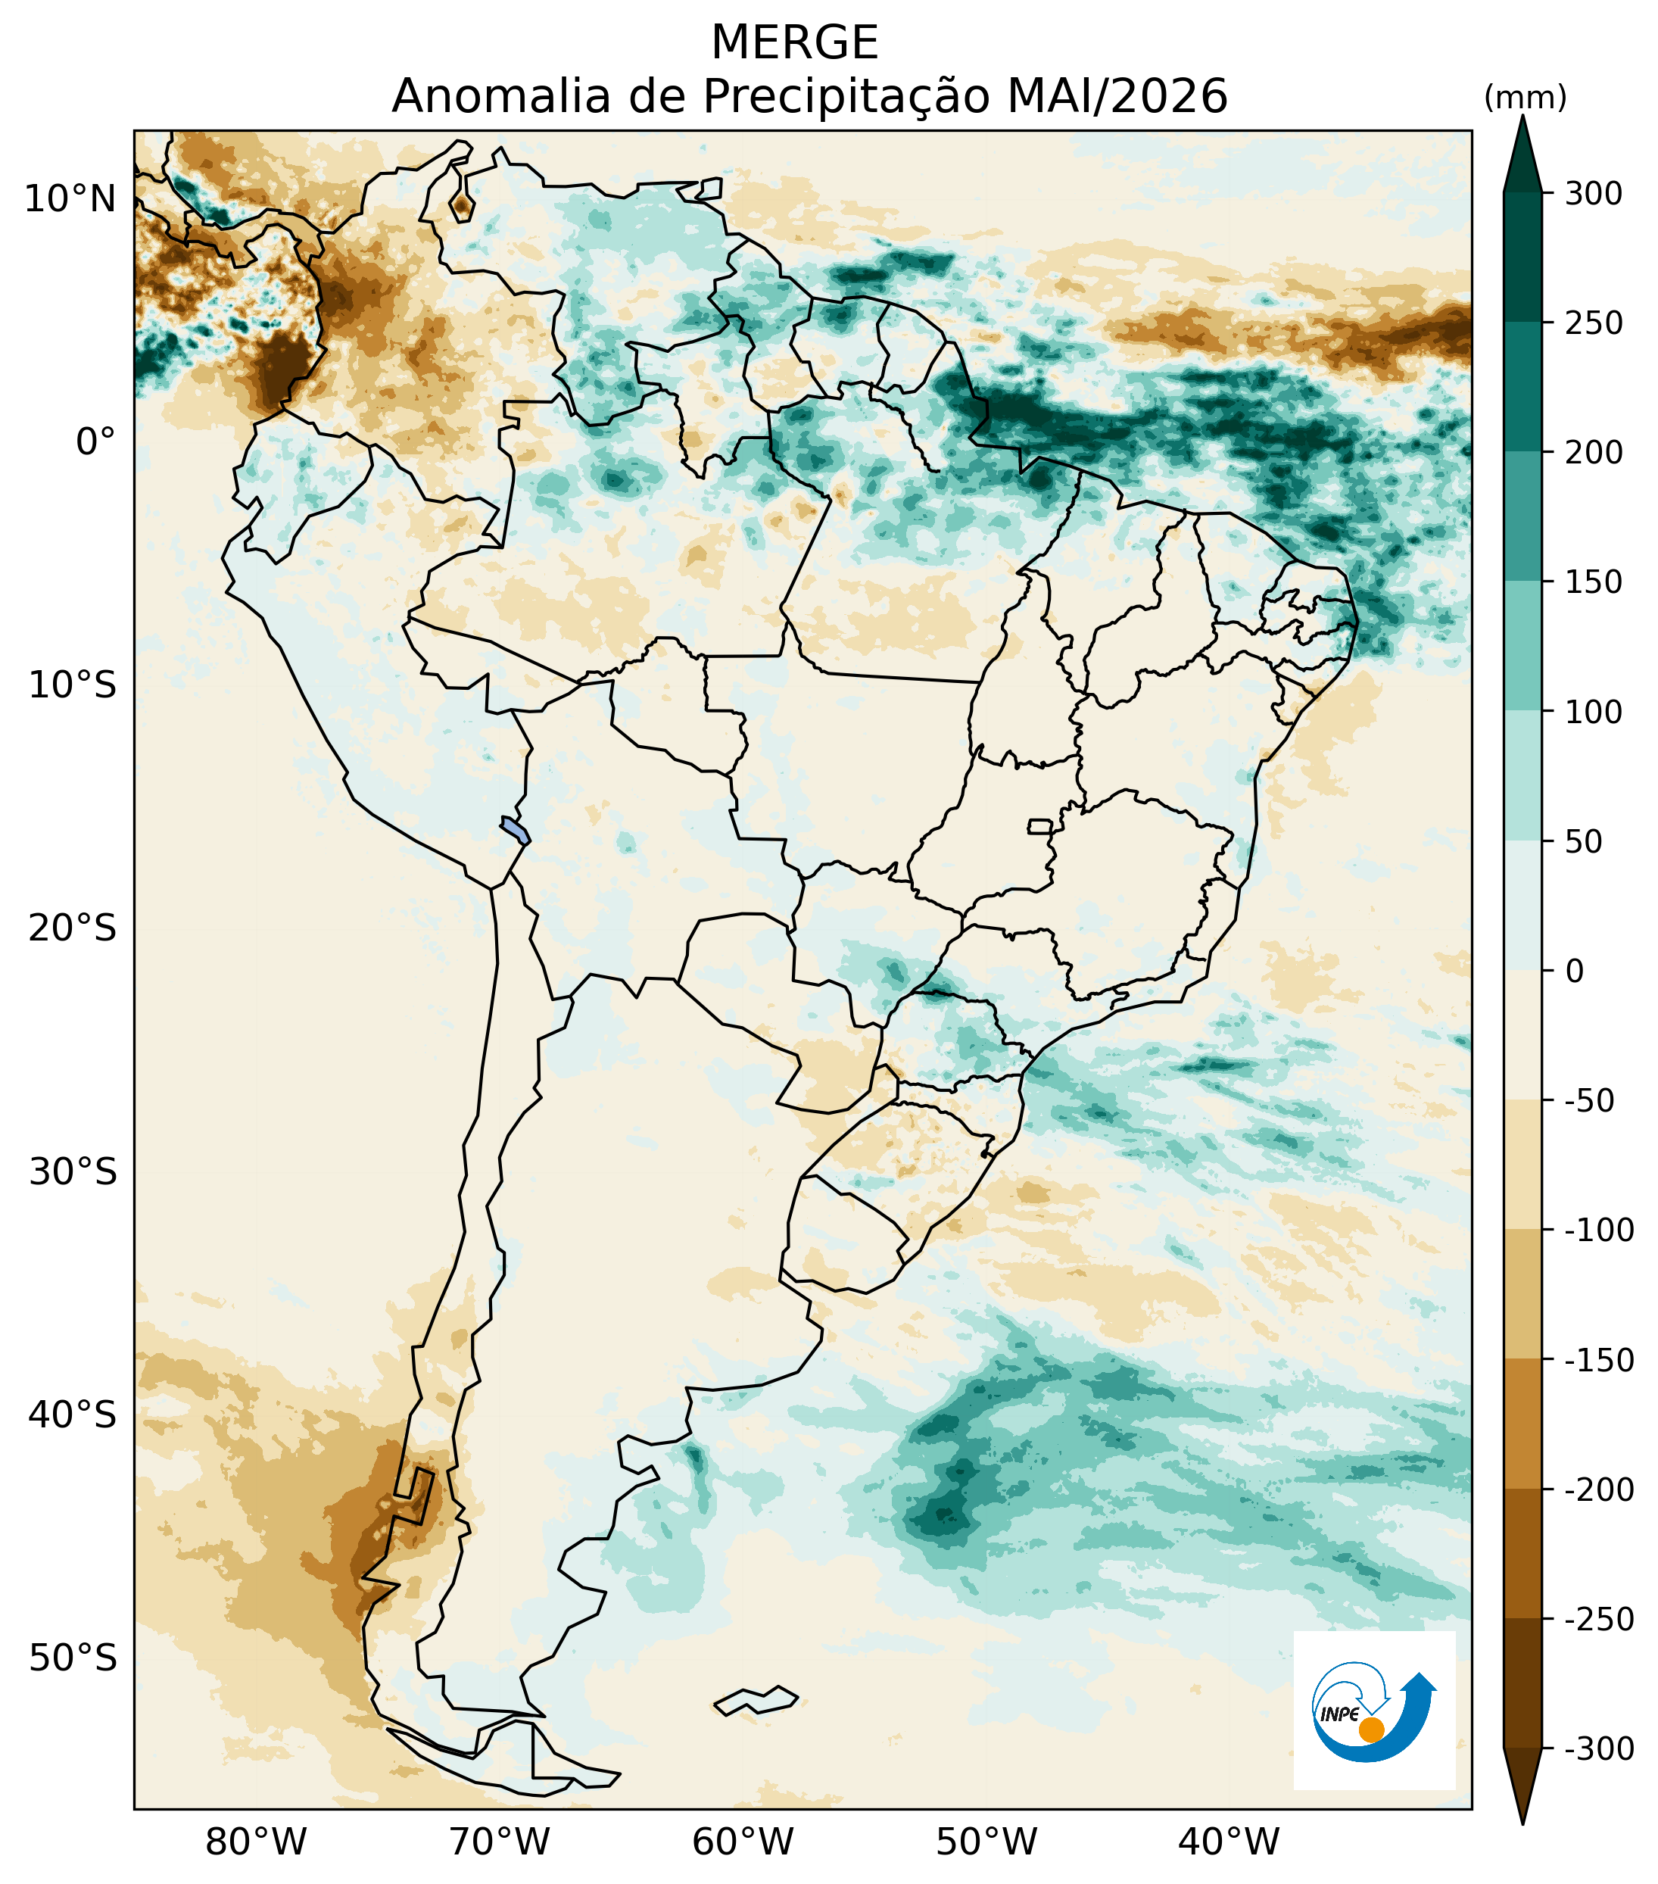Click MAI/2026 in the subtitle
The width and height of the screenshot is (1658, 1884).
click(1118, 97)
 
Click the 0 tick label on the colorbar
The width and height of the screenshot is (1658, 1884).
click(1574, 972)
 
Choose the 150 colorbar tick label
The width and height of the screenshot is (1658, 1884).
click(1593, 582)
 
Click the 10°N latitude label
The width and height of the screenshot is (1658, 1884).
click(71, 199)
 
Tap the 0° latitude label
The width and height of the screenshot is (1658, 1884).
click(96, 442)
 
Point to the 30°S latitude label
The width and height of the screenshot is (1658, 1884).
click(73, 1172)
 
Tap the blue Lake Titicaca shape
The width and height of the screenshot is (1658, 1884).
click(515, 828)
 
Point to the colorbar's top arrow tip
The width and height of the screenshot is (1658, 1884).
click(1522, 114)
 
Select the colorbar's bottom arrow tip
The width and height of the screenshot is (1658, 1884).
click(1522, 1825)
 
